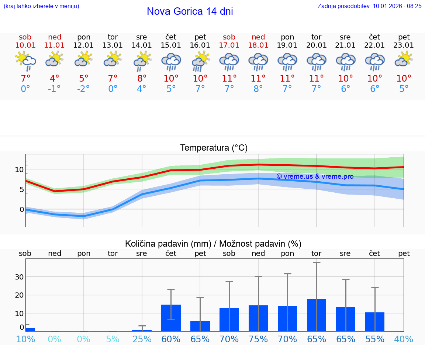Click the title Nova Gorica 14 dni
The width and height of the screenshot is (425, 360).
pos(190,11)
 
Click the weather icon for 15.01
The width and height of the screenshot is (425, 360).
pos(171,62)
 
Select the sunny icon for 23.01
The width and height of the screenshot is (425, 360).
pos(404,59)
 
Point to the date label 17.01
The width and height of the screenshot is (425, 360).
pos(229,45)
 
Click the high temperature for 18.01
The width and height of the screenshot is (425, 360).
pos(258,78)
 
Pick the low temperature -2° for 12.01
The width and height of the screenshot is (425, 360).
pos(83,89)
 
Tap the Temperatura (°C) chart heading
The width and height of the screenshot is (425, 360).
pos(214,148)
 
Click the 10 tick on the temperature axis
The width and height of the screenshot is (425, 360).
pos(19,169)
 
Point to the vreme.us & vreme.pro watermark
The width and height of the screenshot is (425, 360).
pos(315,176)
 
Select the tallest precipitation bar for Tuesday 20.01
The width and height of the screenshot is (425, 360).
pos(317,315)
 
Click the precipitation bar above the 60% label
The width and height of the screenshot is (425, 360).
pos(171,318)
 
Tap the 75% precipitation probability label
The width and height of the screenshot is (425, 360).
pos(258,339)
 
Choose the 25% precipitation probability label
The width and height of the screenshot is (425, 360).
pos(142,339)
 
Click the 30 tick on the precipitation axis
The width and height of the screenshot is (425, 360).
pos(19,277)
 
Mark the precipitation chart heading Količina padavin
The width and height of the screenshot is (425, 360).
pos(213,244)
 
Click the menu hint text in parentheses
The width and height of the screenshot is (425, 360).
pos(41,6)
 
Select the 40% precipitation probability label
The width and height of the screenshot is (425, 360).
pos(404,339)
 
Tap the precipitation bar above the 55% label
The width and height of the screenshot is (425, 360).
pos(374,322)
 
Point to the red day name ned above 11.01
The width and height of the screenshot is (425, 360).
pos(55,37)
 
